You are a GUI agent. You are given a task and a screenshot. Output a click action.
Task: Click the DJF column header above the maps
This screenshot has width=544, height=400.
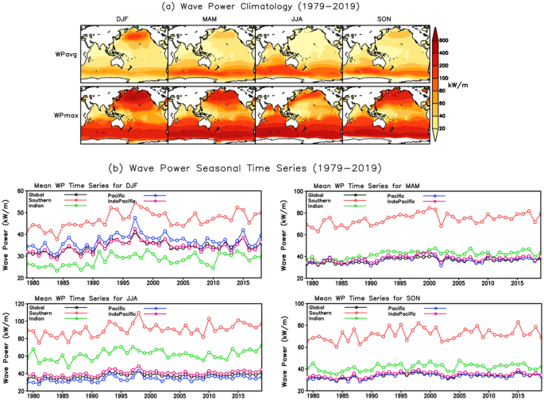click(x=123, y=19)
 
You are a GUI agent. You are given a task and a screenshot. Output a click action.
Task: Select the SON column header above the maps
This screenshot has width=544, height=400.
click(x=385, y=19)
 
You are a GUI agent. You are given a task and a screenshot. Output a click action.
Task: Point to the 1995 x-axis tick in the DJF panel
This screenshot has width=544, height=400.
click(x=115, y=284)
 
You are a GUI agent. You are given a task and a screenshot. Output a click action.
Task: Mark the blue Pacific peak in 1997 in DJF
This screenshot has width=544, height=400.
click(x=135, y=217)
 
